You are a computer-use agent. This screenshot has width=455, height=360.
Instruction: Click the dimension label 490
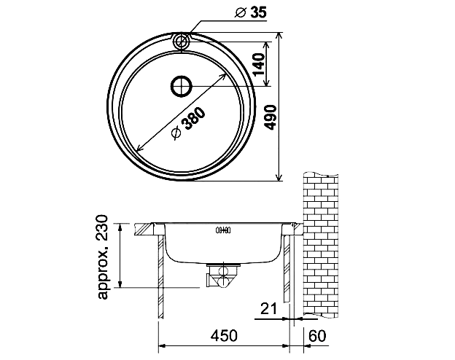tap(271, 117)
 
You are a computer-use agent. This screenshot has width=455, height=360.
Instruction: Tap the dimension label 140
tap(259, 64)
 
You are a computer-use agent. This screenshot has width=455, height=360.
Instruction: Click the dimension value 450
tap(224, 336)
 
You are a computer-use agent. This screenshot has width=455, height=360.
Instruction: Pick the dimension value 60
tap(317, 336)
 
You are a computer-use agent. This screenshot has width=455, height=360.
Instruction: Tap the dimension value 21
tap(269, 308)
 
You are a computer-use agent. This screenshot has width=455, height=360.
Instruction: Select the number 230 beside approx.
tap(102, 227)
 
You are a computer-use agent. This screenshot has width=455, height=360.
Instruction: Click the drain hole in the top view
tap(182, 87)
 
